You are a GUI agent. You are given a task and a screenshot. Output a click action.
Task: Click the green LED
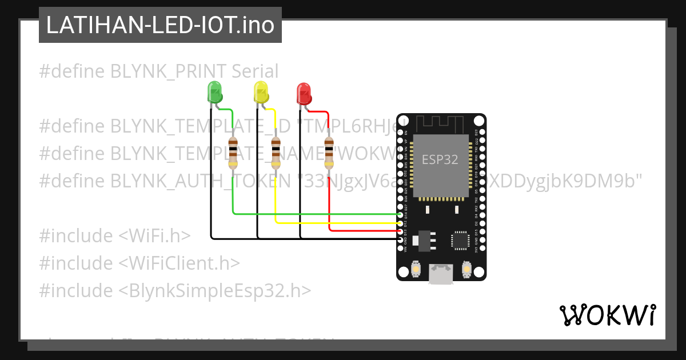[x=214, y=92]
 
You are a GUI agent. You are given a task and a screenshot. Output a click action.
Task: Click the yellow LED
[x=261, y=92]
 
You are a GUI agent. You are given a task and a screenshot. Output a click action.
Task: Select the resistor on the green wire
[x=233, y=153]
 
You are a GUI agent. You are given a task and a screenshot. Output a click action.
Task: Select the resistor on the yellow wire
[x=276, y=153]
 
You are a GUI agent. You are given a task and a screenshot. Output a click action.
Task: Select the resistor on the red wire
[x=329, y=153]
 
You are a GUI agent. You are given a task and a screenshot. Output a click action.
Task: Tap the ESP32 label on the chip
[x=440, y=159]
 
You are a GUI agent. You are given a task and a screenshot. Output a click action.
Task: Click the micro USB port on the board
[x=441, y=274]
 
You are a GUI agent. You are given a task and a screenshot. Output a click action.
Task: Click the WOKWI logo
[x=607, y=315]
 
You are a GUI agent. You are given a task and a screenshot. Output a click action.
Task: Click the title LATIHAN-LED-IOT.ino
[x=160, y=25]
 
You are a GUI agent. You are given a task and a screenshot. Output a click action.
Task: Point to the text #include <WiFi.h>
[x=114, y=235]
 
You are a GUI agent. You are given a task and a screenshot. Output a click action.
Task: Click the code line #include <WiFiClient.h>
[x=139, y=263]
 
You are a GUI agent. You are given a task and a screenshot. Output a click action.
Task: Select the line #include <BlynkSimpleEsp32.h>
[x=175, y=290]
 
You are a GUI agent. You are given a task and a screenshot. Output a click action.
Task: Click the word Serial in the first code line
[x=255, y=71]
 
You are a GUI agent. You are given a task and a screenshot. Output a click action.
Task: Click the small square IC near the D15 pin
[x=461, y=240]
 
